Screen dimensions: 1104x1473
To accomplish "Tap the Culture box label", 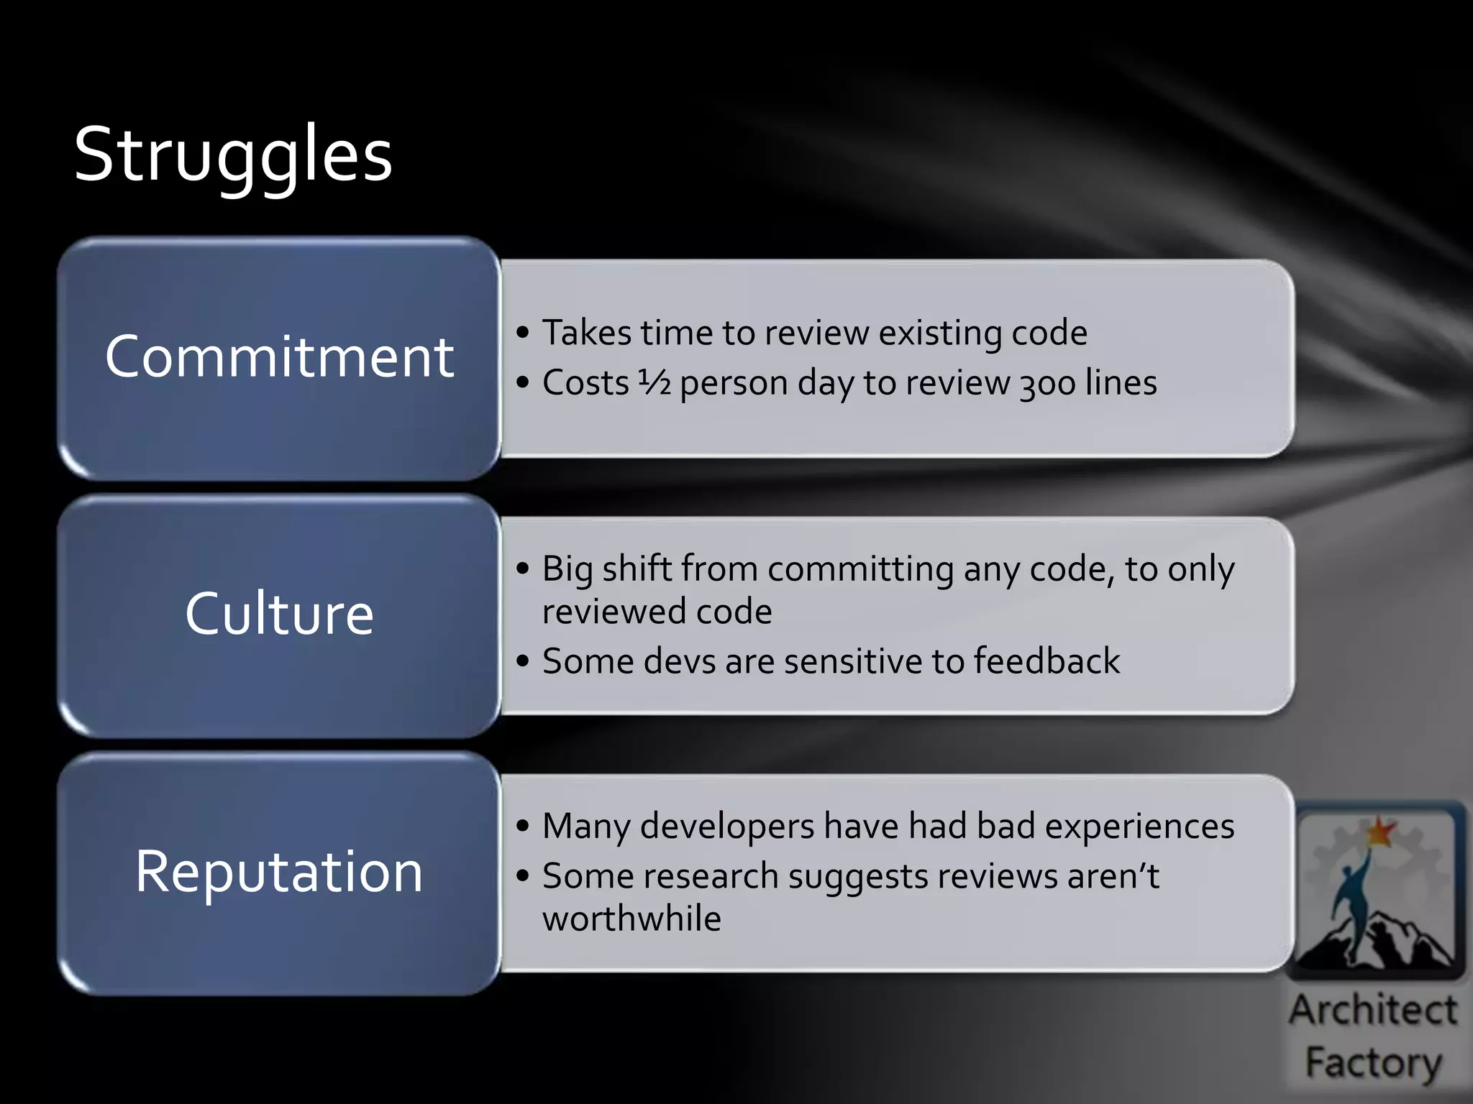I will coord(279,614).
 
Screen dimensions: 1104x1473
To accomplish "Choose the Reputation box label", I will coord(279,871).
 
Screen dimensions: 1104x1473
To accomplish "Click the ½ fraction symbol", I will coord(655,382).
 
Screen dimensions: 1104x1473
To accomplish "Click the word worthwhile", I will coord(631,919).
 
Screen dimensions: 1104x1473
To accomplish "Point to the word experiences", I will coord(1139,827).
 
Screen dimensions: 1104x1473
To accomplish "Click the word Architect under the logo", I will coord(1372,1011).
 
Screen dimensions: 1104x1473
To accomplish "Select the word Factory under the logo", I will coord(1372,1062).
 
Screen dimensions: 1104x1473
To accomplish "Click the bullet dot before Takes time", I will coord(523,333).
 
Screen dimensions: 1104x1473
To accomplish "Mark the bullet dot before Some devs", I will coord(523,661).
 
